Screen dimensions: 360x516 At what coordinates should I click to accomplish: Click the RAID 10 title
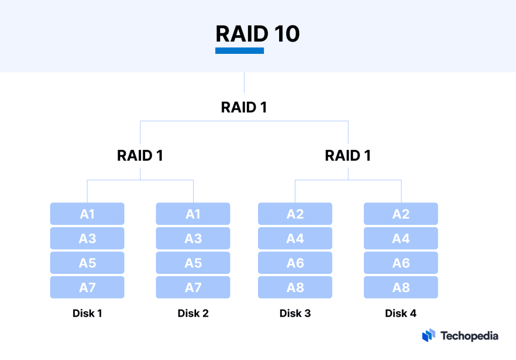(257, 34)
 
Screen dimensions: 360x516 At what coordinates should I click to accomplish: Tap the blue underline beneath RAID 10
(239, 50)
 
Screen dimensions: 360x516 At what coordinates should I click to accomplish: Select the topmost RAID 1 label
(244, 107)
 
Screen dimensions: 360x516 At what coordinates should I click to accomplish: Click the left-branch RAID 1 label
(140, 155)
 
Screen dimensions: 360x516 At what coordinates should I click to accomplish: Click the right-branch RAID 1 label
(348, 155)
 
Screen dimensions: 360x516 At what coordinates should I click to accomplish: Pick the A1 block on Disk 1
(87, 214)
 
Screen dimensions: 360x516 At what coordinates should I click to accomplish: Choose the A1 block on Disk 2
(193, 214)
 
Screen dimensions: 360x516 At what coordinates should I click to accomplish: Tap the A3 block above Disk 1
(87, 238)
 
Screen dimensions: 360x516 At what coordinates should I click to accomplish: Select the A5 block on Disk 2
(193, 263)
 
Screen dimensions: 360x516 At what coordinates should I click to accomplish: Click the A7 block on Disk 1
(87, 287)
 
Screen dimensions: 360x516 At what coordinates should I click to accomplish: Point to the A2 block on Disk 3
(295, 214)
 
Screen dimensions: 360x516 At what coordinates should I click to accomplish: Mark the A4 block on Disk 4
(401, 238)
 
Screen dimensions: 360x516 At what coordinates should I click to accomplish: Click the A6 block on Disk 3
(295, 263)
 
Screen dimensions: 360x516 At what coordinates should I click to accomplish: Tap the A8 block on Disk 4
(401, 287)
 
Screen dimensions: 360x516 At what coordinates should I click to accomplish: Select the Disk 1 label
(87, 313)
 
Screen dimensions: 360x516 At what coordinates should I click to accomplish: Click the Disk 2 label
(193, 313)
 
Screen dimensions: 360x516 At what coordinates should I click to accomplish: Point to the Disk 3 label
(295, 313)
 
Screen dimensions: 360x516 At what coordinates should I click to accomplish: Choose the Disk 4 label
(401, 313)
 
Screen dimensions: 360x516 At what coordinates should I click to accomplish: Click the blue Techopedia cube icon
(428, 336)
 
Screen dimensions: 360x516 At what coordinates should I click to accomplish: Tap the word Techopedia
(469, 336)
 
